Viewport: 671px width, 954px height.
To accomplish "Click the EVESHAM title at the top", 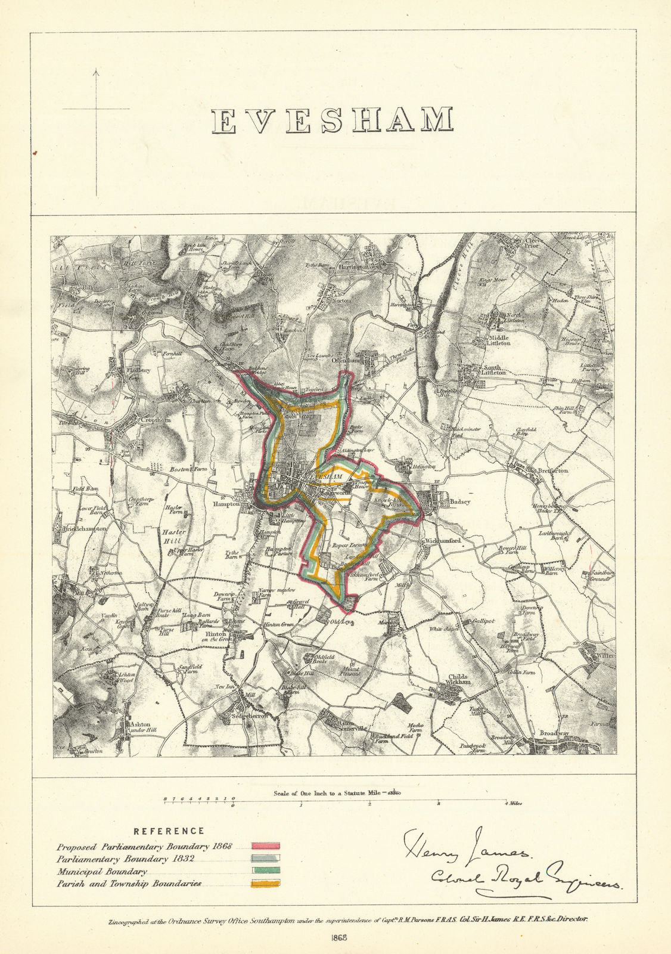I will coord(333,120).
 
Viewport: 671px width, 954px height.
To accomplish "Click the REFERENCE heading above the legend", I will coord(169,831).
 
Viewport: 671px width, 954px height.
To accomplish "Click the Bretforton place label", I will coord(554,470).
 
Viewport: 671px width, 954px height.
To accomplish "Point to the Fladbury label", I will coord(139,370).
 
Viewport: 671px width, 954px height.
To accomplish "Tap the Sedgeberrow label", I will coord(248,715).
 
